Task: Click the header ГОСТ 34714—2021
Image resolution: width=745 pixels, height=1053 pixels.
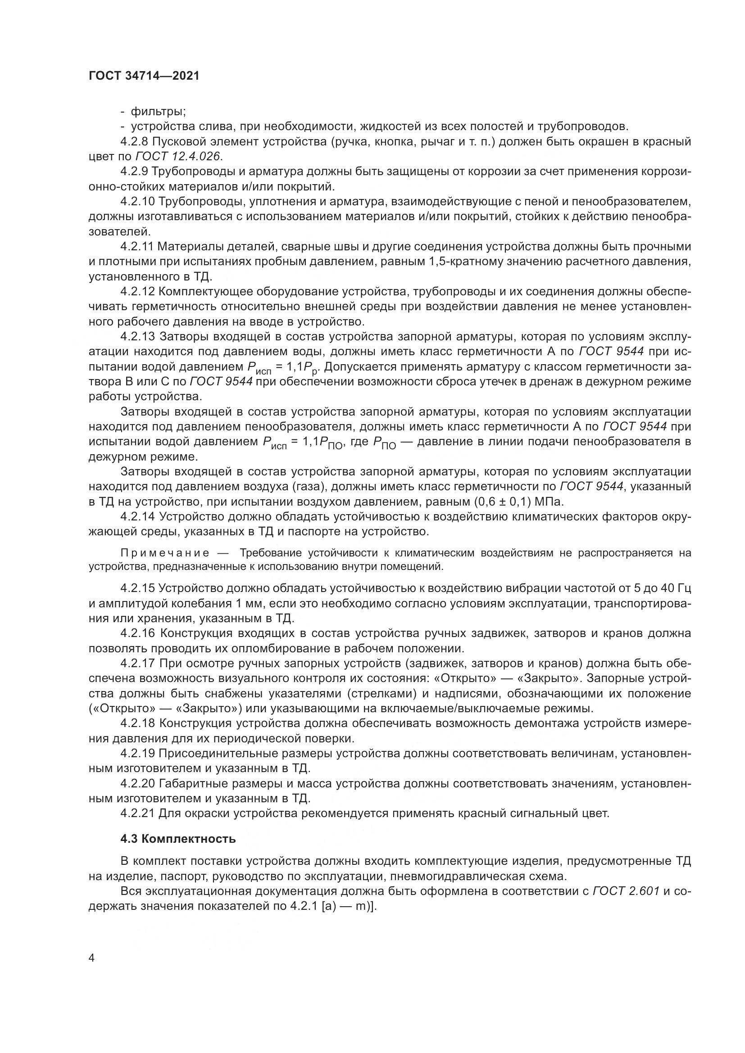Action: (144, 76)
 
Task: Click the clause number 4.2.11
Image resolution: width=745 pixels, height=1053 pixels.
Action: (137, 247)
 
